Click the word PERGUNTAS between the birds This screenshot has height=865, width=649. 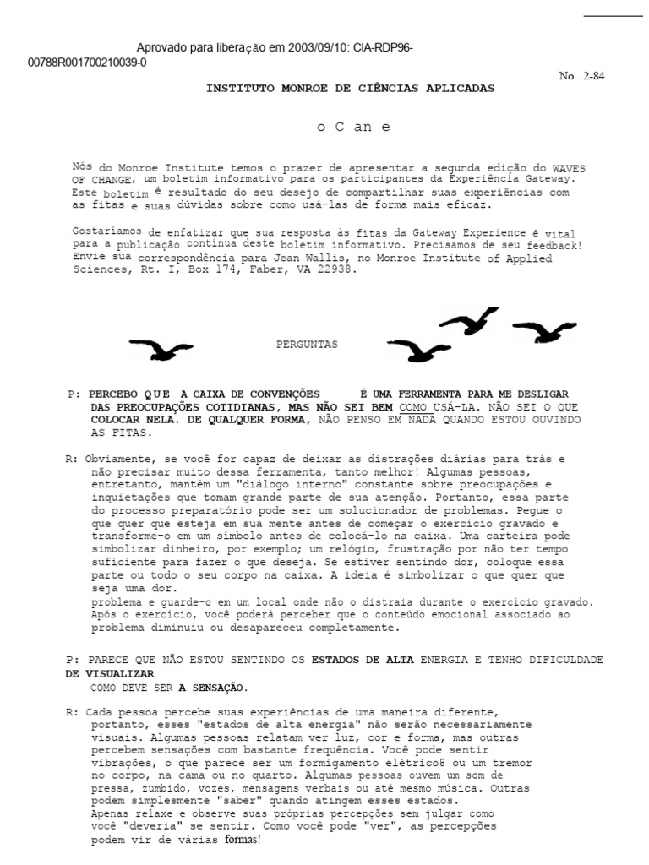click(x=307, y=345)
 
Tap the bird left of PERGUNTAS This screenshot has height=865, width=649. click(x=161, y=347)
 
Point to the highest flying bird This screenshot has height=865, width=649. click(x=471, y=318)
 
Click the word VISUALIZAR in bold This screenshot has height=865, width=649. click(x=110, y=674)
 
